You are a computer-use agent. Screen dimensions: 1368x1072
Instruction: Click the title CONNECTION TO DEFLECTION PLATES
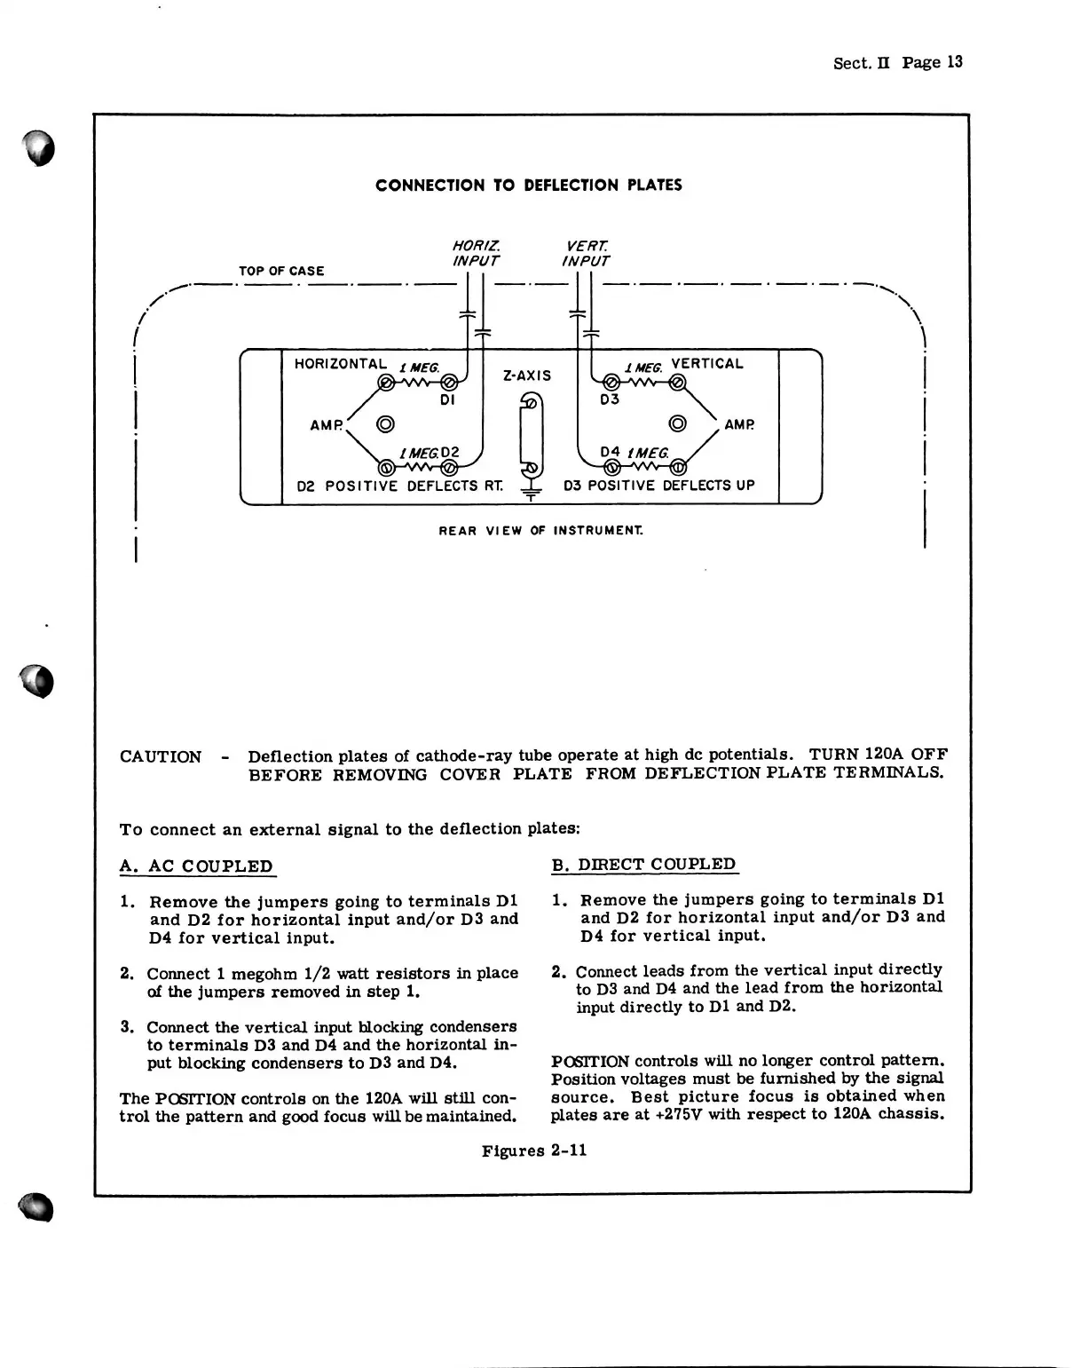pos(528,186)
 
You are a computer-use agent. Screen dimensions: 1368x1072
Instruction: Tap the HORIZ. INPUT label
pos(476,253)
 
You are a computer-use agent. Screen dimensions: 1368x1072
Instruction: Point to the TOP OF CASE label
pos(281,271)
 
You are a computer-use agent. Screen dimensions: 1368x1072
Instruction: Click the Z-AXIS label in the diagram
pos(527,376)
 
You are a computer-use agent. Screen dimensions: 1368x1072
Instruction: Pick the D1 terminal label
pos(447,400)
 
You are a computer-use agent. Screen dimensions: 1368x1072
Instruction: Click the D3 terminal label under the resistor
pos(610,399)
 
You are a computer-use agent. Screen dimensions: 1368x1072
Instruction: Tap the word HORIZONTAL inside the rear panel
pos(340,364)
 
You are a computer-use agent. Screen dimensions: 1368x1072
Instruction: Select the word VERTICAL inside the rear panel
pos(707,363)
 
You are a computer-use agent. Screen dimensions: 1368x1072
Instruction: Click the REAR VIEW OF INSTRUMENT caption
pos(541,531)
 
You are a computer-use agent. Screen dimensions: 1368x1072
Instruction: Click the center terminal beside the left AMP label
pos(386,423)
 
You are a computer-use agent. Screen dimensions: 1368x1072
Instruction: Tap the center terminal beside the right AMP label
pos(677,423)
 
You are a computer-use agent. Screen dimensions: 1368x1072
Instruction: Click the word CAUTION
pos(161,757)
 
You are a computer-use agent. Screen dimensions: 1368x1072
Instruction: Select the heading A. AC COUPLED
pos(197,866)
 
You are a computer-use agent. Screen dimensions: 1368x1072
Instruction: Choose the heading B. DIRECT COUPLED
pos(644,865)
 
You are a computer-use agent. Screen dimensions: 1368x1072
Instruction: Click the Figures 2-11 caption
pos(534,1151)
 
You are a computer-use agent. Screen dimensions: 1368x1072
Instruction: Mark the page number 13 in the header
pos(954,62)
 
